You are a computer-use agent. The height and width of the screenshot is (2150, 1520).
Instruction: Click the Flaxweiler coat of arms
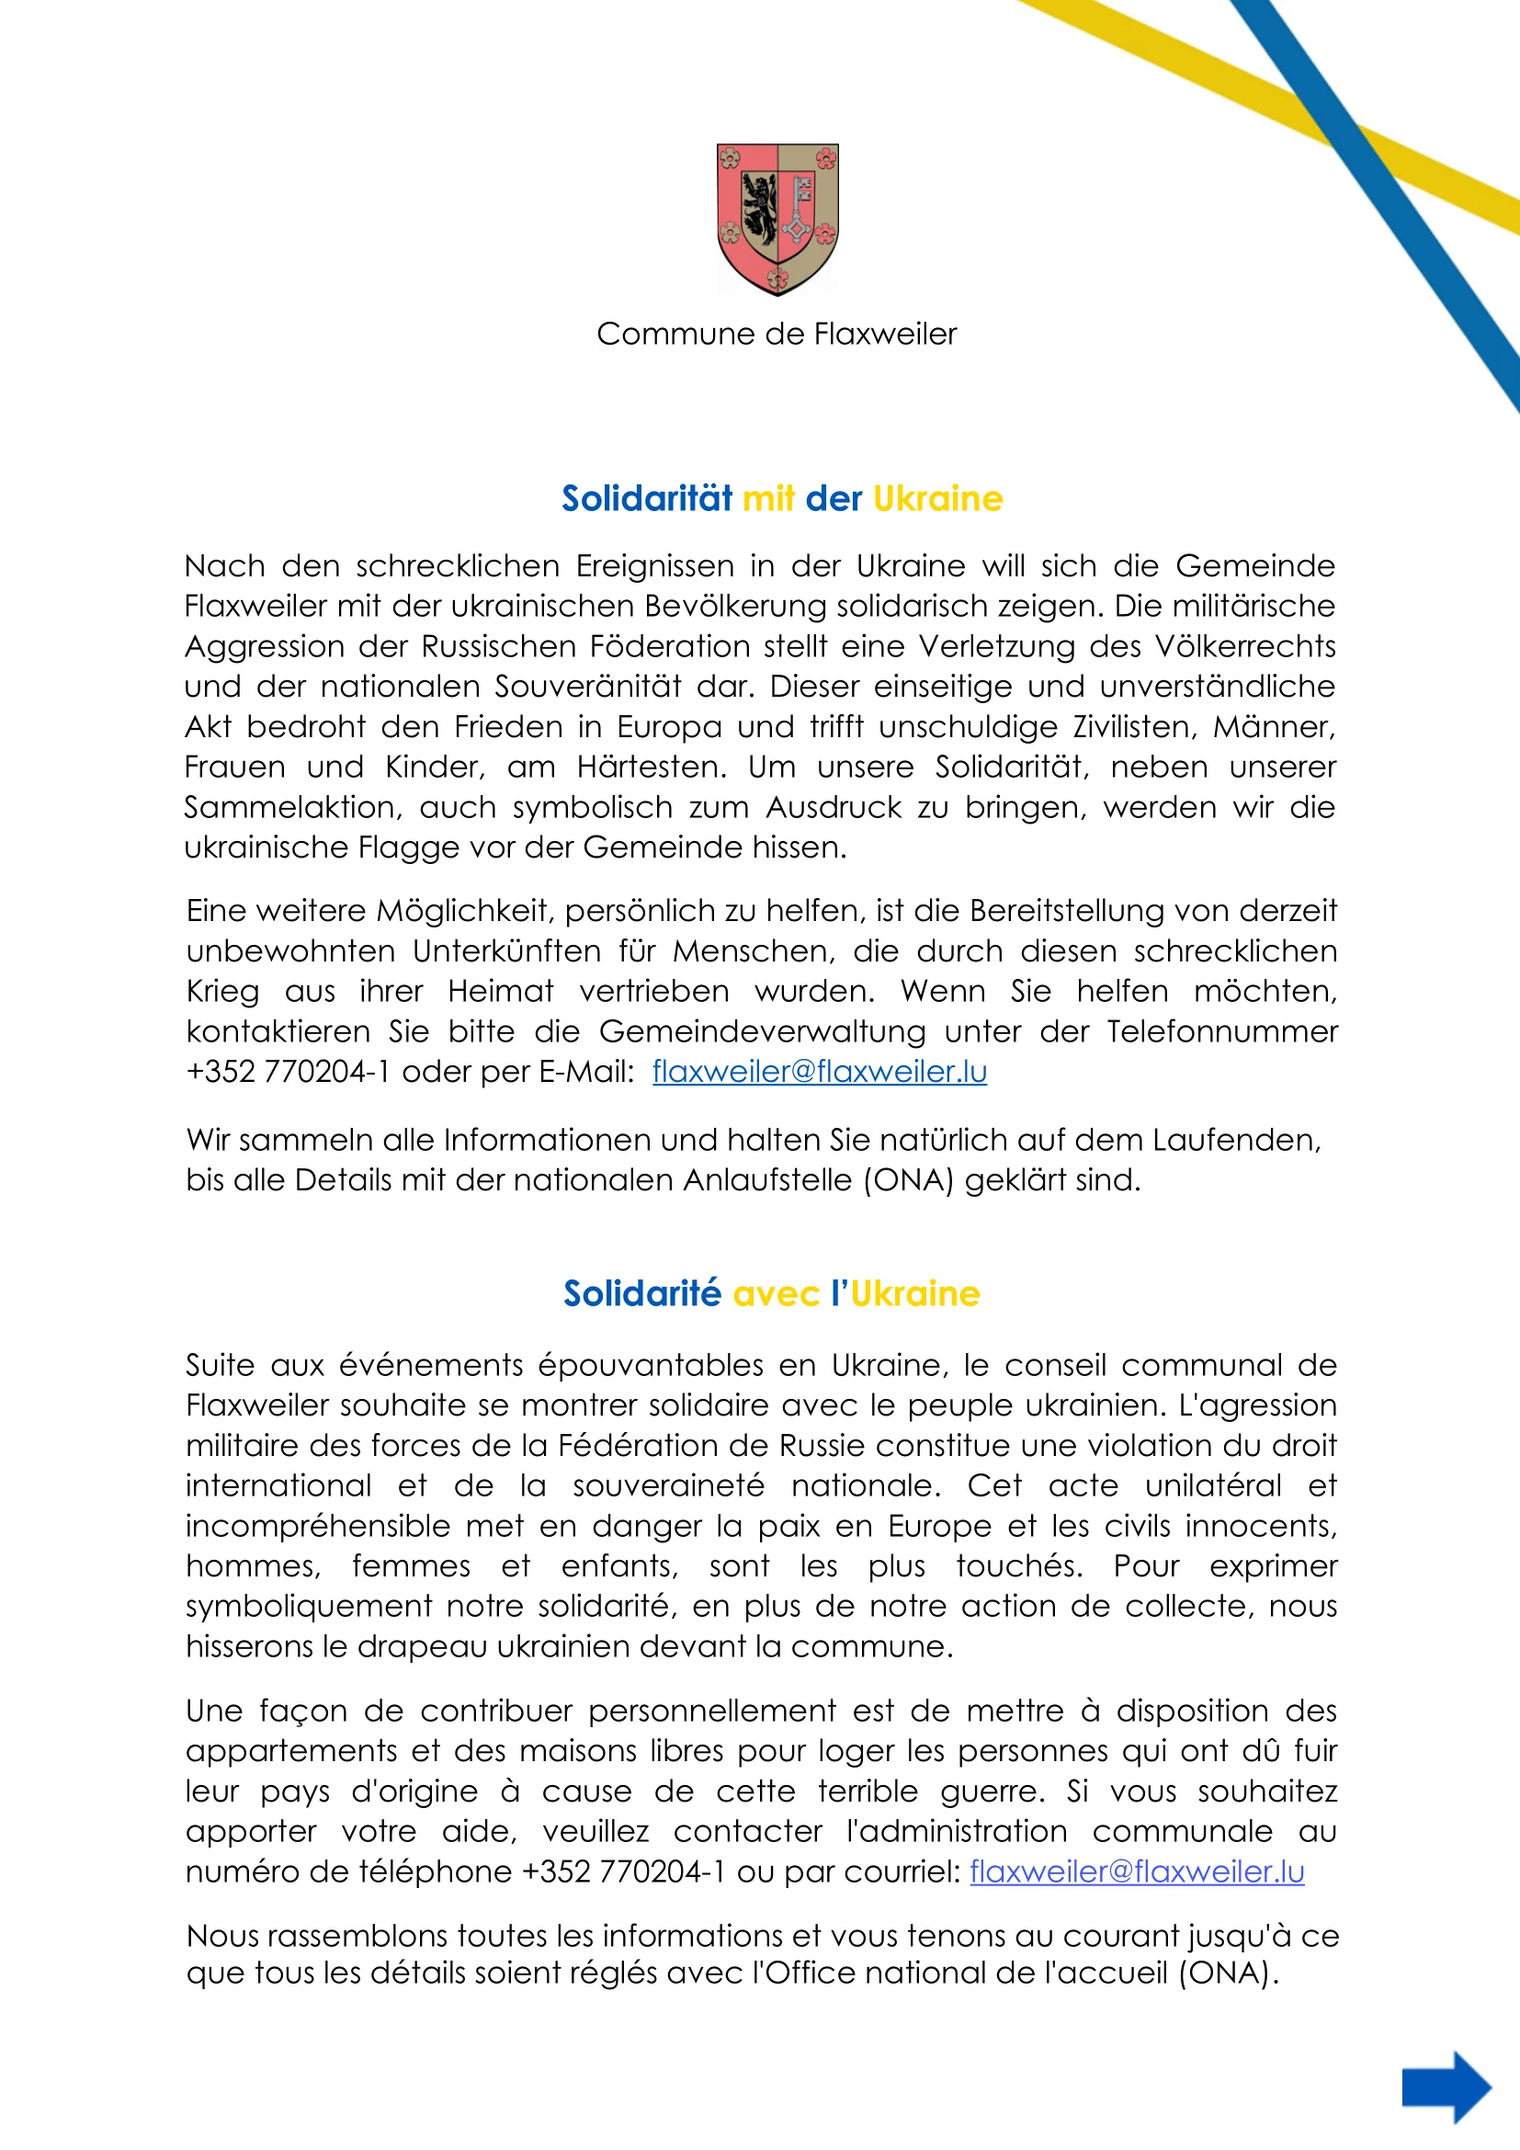pyautogui.click(x=777, y=219)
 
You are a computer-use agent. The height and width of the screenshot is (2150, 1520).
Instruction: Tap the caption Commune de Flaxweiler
pyautogui.click(x=776, y=335)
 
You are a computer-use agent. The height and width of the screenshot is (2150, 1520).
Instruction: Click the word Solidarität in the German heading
pyautogui.click(x=646, y=499)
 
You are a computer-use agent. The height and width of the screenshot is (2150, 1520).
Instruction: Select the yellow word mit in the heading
pyautogui.click(x=768, y=499)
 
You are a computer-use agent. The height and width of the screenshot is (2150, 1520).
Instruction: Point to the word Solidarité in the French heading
pyautogui.click(x=642, y=1294)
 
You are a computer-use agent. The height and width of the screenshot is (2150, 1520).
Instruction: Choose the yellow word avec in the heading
pyautogui.click(x=776, y=1294)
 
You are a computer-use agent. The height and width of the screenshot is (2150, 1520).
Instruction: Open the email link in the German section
pyautogui.click(x=819, y=1072)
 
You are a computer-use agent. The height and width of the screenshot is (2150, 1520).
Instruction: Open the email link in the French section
pyautogui.click(x=1136, y=1871)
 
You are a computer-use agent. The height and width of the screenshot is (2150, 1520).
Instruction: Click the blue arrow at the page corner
pyautogui.click(x=1446, y=2087)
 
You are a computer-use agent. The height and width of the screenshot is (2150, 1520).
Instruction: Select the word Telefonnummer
pyautogui.click(x=1221, y=1032)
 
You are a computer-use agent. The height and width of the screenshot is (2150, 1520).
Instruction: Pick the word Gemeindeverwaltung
pyautogui.click(x=762, y=1032)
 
